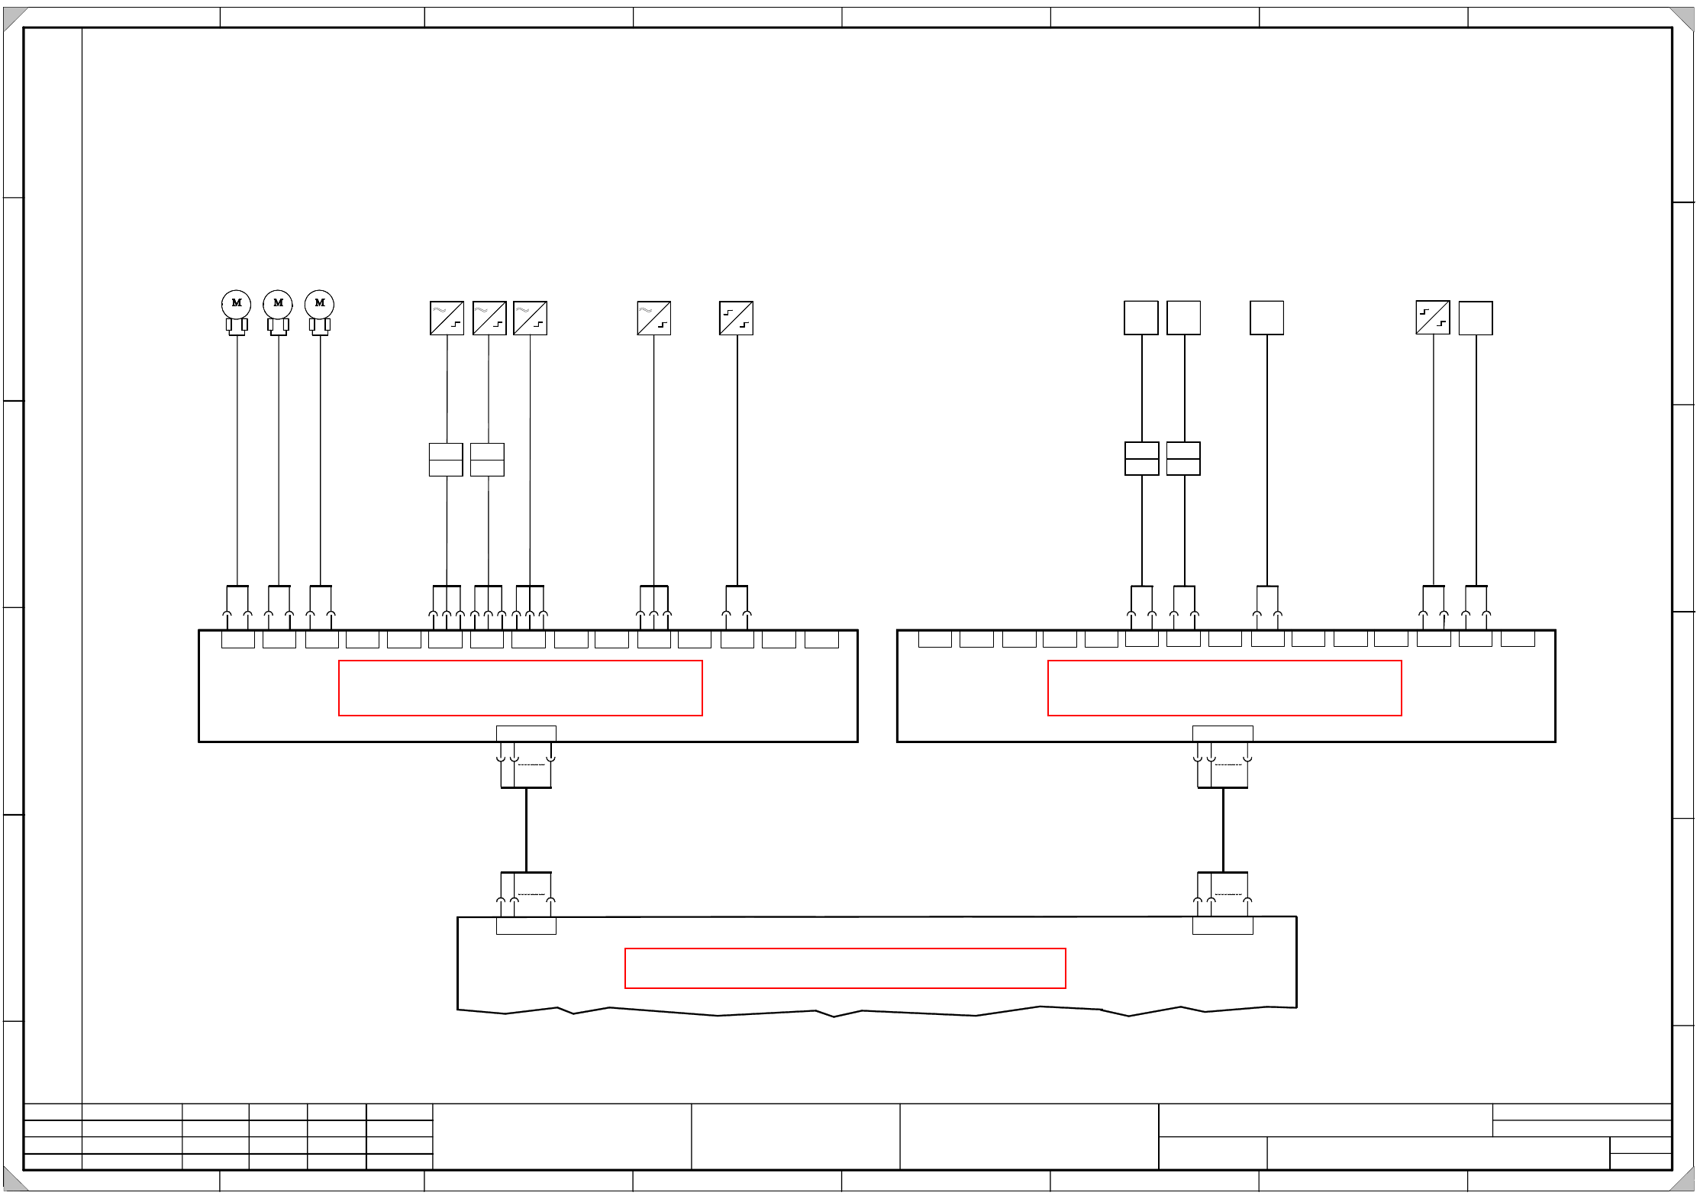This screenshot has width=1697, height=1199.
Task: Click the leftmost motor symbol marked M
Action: (237, 304)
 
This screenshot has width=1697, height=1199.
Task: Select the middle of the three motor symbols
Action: (278, 304)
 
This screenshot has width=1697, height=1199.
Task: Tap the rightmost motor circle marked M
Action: (319, 304)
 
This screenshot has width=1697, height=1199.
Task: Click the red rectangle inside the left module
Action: (520, 688)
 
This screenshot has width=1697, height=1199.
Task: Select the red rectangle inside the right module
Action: (1224, 688)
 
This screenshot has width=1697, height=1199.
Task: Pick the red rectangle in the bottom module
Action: (845, 968)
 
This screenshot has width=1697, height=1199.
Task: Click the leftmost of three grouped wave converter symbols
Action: (447, 318)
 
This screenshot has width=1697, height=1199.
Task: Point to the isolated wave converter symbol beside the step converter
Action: (653, 318)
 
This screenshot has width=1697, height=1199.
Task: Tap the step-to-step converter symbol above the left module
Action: (736, 318)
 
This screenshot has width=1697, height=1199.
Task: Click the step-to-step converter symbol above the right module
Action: (1433, 318)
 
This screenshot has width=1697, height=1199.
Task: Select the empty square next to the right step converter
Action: (1476, 318)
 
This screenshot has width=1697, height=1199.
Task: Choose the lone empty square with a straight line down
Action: (1266, 318)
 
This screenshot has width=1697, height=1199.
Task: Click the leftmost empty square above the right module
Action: (1141, 318)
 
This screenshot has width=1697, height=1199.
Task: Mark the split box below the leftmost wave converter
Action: (446, 460)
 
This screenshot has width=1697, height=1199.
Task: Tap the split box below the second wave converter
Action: (487, 460)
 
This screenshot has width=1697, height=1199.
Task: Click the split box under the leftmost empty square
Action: (1142, 458)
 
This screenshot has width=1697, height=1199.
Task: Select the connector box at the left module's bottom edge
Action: (526, 734)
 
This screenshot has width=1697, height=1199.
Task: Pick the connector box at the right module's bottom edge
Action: (1223, 734)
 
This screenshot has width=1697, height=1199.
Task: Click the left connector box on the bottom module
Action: (526, 926)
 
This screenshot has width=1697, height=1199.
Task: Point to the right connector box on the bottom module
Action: (1223, 926)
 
